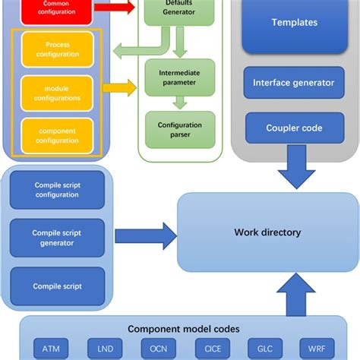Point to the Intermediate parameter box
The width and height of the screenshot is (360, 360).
[x=179, y=77]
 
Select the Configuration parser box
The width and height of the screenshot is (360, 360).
[x=179, y=129]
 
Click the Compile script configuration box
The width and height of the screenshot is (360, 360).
[x=56, y=190]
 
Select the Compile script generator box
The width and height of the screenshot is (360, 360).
[x=56, y=238]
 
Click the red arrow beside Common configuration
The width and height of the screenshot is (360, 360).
[x=116, y=8]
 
